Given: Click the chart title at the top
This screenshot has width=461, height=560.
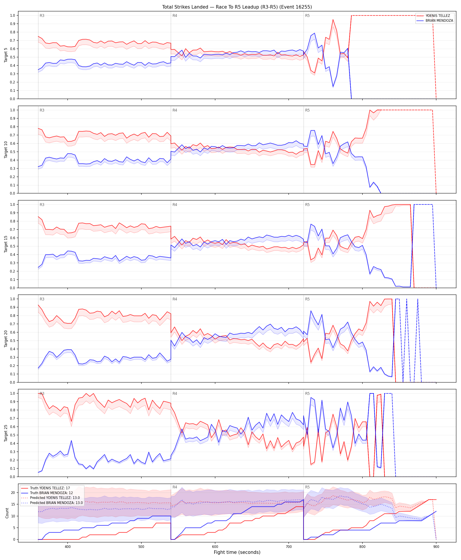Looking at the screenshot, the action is click(237, 7).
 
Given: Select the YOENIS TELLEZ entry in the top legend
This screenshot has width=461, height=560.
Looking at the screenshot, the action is click(438, 16).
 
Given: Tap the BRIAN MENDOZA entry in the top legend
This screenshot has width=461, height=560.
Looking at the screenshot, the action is click(439, 20).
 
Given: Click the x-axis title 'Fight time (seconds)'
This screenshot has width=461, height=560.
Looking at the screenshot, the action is click(237, 552).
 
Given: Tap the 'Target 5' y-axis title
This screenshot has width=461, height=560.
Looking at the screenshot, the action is click(6, 55).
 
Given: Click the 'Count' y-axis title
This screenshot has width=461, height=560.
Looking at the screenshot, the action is click(7, 513).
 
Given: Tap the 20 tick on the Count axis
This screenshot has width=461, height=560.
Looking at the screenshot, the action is click(13, 493).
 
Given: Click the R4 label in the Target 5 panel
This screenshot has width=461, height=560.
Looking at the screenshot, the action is click(175, 16).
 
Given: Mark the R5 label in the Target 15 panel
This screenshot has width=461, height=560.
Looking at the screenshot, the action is click(307, 204).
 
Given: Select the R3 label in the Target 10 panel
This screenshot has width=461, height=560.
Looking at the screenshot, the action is click(42, 110).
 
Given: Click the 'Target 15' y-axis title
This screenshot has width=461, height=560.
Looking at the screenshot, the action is click(6, 244).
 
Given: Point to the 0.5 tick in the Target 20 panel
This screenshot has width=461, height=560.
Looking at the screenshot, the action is click(13, 341).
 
